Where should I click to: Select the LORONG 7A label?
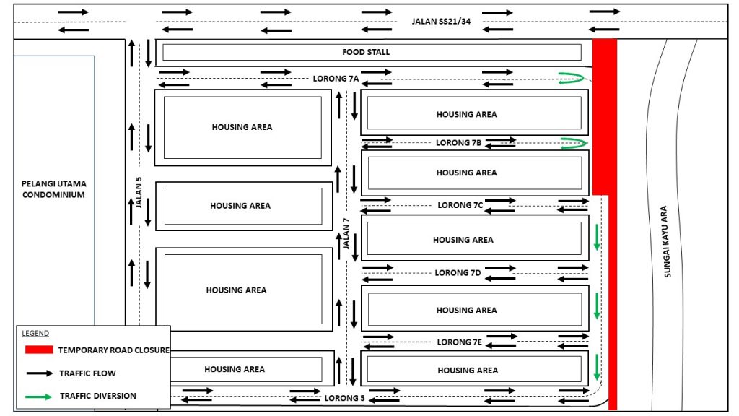pos(336,78)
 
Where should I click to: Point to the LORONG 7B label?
pos(458,143)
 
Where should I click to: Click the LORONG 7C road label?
pos(460,205)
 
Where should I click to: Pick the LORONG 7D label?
pos(458,273)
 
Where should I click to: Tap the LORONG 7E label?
pos(459,342)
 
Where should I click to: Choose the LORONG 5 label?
pos(344,398)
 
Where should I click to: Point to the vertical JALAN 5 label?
pos(139,193)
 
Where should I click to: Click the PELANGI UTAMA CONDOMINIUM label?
pos(54,189)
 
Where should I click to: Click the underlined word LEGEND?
pos(35,333)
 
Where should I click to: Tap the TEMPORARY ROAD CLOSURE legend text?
pos(114,350)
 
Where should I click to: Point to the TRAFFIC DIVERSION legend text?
pos(97,396)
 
